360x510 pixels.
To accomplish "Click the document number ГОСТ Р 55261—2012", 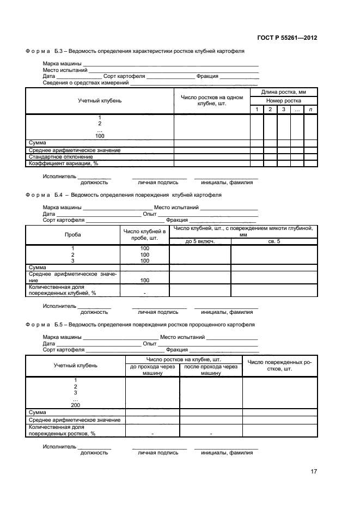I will coord(286,38).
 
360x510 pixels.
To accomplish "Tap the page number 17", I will coord(314,472).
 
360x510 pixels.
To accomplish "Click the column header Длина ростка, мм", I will coord(283,92).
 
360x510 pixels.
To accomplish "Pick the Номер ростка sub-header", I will coord(283,101).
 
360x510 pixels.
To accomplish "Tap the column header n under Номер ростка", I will coord(310,110).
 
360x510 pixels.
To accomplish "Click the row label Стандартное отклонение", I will coord(60,157).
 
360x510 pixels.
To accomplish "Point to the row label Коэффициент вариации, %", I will coord(63,163).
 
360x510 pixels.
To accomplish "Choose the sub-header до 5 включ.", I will coord(200,241).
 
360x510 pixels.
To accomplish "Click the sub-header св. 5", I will coord(274,241).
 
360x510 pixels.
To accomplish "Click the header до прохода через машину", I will coord(152,370).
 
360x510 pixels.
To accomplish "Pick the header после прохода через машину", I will coord(211,370).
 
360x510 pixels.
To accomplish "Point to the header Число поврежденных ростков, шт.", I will coord(279,365).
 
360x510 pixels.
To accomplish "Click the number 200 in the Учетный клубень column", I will coord(75,405).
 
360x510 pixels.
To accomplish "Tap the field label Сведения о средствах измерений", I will coord(86,83).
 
